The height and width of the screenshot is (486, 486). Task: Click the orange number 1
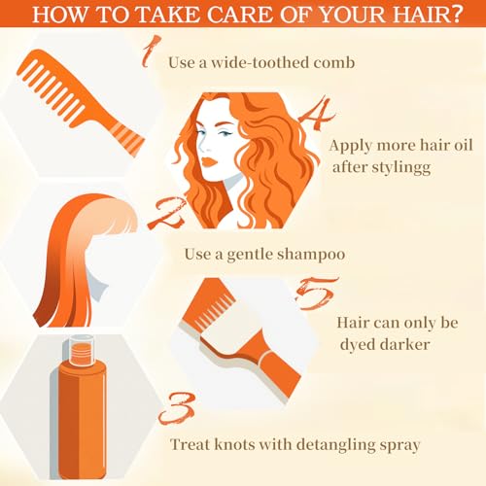pos(151,52)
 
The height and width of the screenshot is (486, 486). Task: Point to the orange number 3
pos(178,408)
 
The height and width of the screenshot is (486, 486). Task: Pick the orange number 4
pos(317,114)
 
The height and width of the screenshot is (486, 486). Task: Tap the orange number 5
pos(317,294)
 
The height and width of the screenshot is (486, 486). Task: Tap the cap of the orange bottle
pos(82,349)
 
